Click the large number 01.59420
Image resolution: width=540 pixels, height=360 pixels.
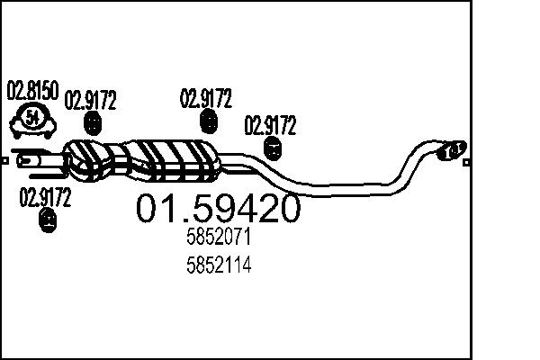218,210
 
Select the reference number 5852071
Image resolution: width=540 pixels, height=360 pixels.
218,238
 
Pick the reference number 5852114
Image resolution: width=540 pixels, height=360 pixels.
218,266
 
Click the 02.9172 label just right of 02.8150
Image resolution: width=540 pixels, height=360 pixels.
92,100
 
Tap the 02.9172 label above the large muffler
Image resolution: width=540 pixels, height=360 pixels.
207,96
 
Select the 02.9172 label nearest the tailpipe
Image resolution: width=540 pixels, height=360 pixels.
270,125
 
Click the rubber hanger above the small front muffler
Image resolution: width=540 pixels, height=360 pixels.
92,124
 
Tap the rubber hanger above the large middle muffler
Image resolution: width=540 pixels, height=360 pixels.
209,122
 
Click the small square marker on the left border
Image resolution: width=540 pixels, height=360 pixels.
4,161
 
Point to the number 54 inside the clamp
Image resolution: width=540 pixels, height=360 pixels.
32,116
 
